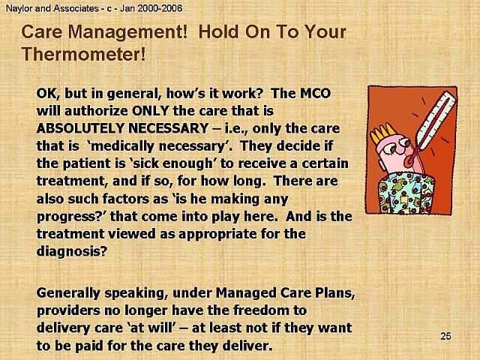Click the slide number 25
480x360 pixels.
445,336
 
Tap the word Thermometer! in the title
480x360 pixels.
83,54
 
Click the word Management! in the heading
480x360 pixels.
127,31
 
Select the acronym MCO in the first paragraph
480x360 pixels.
314,93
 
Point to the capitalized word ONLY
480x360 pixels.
150,110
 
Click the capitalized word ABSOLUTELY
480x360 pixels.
80,128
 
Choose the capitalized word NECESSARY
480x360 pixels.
168,128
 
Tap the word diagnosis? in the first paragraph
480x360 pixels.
72,252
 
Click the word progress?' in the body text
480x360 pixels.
71,217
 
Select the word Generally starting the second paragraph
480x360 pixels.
68,293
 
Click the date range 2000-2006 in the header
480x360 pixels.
160,8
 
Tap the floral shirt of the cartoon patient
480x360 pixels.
406,193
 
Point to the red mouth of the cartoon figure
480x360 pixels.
408,163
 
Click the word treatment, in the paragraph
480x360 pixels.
70,181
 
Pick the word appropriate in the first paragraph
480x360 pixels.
217,235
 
